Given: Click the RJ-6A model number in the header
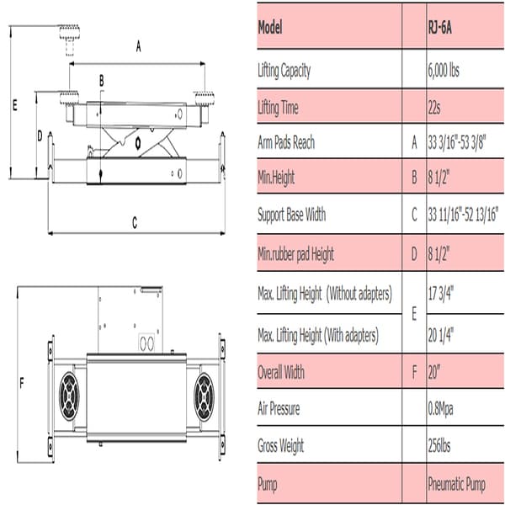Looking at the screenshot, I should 441,26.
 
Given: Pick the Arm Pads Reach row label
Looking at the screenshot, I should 286,142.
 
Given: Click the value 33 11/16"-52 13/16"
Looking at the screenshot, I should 462,215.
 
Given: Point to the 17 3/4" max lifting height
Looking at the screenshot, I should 442,294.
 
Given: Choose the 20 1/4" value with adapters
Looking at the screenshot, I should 442,335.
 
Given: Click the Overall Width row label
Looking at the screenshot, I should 281,372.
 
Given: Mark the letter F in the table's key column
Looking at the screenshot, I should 413,372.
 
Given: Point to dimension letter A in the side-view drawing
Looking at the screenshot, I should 137,48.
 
